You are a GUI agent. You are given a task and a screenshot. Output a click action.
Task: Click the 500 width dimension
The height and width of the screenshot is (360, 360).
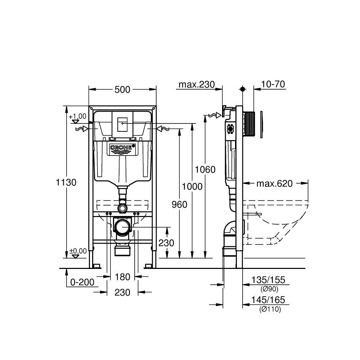click(x=122, y=90)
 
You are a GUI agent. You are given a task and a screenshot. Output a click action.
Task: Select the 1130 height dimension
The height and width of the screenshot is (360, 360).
click(x=66, y=183)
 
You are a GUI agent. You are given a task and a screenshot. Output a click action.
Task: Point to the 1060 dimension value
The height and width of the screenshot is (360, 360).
click(x=205, y=169)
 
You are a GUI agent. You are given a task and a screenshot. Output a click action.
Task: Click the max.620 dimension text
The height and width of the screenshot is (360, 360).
click(x=274, y=184)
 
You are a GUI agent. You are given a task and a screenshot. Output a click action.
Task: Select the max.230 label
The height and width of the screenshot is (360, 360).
click(x=197, y=85)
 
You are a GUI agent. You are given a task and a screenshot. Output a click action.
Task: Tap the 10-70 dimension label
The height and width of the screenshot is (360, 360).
click(x=274, y=84)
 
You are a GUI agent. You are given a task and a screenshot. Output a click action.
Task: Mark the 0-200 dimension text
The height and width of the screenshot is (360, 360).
click(x=82, y=282)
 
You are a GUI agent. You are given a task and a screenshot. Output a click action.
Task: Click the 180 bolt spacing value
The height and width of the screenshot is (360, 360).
click(x=122, y=277)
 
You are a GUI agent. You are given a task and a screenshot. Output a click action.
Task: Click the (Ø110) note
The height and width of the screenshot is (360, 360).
click(x=270, y=309)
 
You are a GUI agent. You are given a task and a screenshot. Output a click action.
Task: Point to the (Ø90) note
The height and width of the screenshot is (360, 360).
click(x=270, y=289)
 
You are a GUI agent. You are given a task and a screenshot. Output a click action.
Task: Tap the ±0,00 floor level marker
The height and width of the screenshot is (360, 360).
click(x=78, y=251)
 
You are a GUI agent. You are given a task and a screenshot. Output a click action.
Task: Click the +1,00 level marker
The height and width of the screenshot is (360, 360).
click(x=78, y=116)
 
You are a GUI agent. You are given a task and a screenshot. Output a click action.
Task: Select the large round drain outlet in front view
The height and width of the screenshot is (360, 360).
click(x=122, y=228)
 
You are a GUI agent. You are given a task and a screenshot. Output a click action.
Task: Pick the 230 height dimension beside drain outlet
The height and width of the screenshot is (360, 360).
click(x=166, y=243)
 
